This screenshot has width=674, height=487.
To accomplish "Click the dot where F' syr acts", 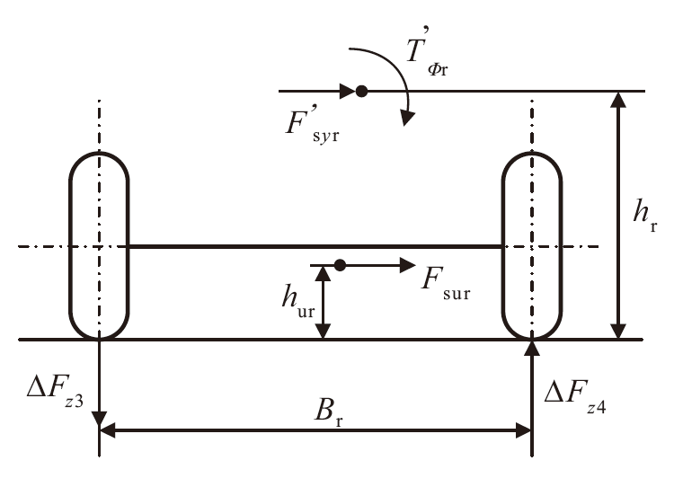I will (x=361, y=91).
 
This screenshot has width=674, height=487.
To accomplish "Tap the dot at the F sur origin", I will (x=340, y=265).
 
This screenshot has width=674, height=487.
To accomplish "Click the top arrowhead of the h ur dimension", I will (x=324, y=273).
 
